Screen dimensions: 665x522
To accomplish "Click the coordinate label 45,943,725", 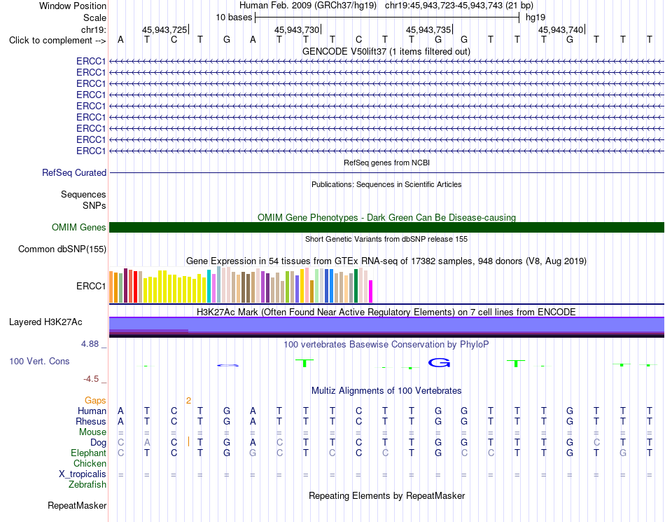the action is point(164,29).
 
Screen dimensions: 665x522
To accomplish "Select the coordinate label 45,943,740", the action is point(561,29).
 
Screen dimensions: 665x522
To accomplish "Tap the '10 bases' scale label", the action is point(234,18).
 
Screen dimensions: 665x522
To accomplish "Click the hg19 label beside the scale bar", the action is point(535,18).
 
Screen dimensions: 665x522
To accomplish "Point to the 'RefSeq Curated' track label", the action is point(74,173).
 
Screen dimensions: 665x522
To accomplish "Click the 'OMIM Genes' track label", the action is point(79,228).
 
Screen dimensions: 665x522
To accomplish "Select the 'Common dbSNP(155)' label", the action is point(62,249).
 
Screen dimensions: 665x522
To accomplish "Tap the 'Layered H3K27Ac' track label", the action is point(45,322).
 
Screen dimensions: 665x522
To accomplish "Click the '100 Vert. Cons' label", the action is point(39,361).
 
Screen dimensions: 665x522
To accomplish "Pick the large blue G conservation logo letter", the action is point(439,363).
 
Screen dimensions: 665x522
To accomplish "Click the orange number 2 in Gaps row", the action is point(188,401).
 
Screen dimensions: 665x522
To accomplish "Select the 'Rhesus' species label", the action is point(91,421).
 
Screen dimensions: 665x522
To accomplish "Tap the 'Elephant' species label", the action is point(88,453).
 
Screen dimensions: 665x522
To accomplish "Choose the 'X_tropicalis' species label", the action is point(83,474).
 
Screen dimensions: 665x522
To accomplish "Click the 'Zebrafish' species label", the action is point(87,485).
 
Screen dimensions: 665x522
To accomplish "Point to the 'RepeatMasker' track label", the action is point(77,505).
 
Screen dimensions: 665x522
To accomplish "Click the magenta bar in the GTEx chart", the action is point(371,291).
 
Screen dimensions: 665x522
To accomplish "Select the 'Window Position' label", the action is point(73,6).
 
